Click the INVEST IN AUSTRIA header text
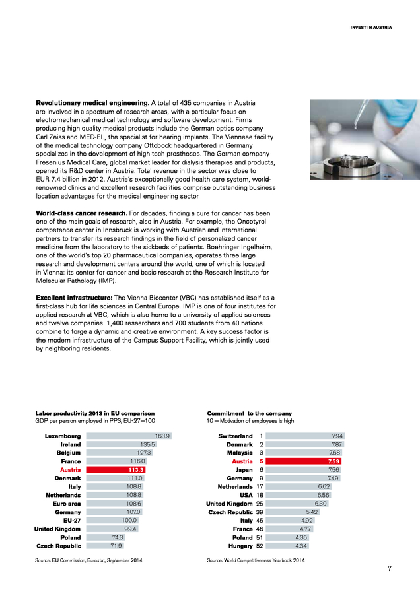click(x=371, y=28)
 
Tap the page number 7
click(x=390, y=569)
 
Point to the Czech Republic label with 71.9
click(x=59, y=546)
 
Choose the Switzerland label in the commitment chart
click(x=235, y=436)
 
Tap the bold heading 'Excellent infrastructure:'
click(x=75, y=298)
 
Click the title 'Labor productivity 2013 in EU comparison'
click(x=94, y=413)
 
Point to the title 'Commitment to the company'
click(x=249, y=413)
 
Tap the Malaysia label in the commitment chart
click(x=238, y=452)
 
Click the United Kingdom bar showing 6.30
click(x=295, y=502)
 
